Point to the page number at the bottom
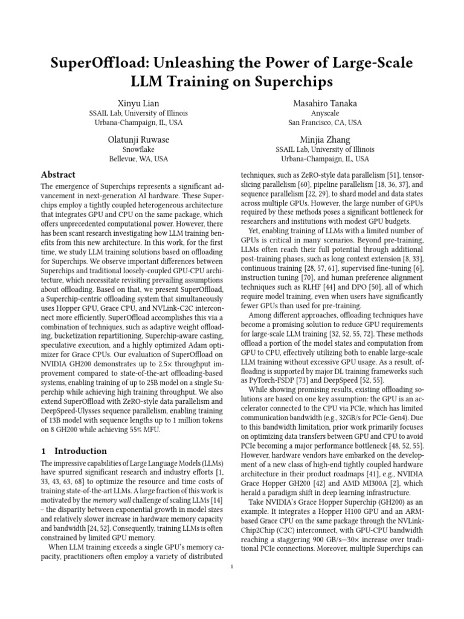tap(232, 566)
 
